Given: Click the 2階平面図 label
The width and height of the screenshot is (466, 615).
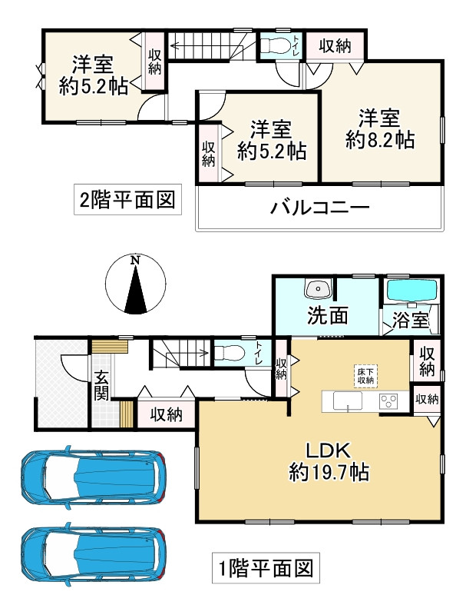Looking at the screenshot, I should point(127,201).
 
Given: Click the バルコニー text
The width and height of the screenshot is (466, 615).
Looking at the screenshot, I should point(320,208).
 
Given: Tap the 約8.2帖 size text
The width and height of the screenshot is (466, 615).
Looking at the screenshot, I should point(380,139).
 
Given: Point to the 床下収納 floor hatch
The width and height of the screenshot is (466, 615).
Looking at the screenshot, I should point(365,375).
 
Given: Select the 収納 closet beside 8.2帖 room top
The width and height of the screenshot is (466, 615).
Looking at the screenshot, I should point(335,46).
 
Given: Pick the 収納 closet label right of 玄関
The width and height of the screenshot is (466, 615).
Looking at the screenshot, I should point(166,414).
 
